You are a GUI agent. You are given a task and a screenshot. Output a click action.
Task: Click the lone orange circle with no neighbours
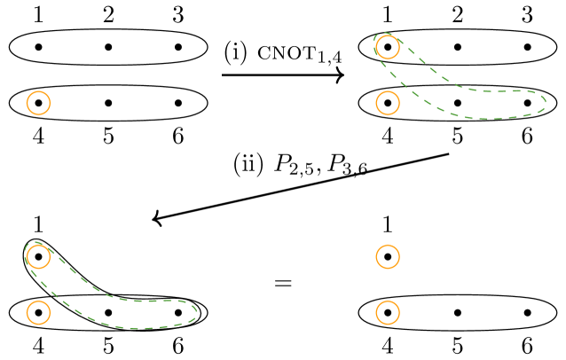(38, 103)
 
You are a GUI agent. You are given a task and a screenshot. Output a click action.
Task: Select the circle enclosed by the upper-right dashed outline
(388, 47)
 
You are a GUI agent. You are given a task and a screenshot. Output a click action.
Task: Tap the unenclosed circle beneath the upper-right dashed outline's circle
(388, 103)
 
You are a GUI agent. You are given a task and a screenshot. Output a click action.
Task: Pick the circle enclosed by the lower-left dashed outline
(38, 256)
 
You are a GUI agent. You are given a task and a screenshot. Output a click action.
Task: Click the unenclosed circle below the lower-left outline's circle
(38, 312)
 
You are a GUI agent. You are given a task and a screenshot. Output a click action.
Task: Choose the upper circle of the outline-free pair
(388, 256)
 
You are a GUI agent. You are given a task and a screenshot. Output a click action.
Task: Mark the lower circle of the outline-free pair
(388, 312)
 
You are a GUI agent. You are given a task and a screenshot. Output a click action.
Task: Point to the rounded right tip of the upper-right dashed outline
(545, 102)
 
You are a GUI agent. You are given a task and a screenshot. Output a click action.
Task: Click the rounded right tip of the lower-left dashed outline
(196, 311)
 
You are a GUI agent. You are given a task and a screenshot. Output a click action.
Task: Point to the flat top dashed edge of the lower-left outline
(151, 301)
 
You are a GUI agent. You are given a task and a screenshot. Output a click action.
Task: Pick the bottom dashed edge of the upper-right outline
(488, 119)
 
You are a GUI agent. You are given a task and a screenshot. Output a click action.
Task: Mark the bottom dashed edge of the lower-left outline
(133, 328)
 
